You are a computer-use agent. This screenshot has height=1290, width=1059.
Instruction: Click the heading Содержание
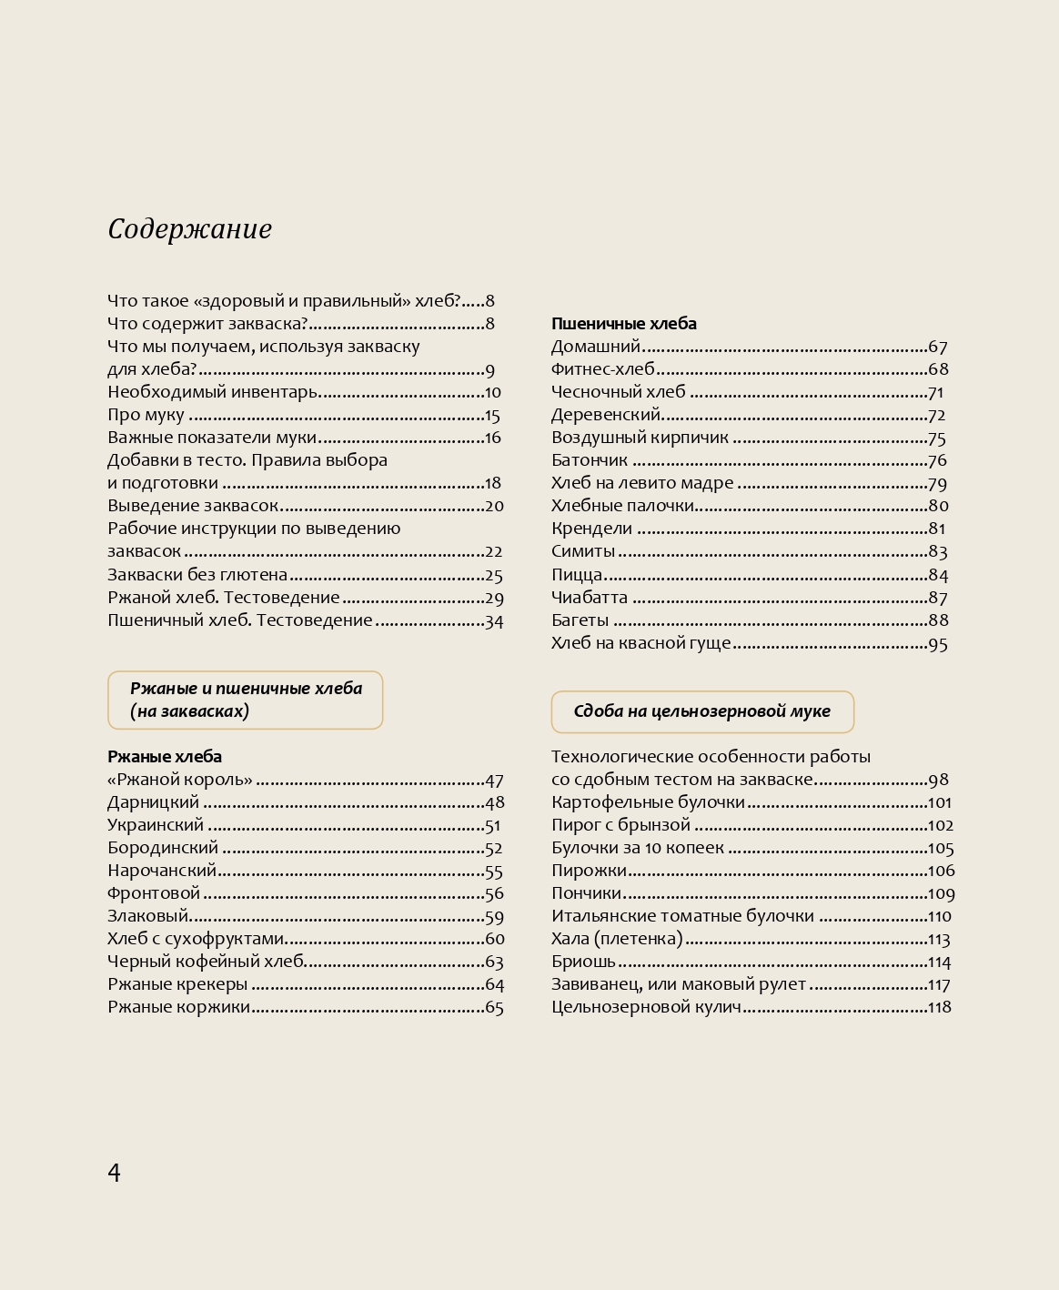coord(189,229)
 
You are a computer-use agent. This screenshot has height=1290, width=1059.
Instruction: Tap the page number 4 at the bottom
coord(114,1172)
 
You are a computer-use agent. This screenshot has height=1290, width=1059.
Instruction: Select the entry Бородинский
coord(163,848)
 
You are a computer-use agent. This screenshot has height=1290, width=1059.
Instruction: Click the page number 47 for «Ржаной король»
coord(494,781)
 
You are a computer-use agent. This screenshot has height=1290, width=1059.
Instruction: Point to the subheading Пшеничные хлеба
coord(623,324)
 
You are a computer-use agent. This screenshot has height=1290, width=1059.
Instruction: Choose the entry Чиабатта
coord(589,598)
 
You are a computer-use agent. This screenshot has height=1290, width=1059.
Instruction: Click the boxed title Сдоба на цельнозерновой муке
coord(701,711)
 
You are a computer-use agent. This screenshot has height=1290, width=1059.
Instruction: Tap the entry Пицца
coord(577,575)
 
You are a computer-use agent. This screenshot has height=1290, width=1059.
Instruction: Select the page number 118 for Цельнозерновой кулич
coord(939,1007)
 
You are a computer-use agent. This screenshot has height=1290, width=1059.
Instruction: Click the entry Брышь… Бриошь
coord(583,962)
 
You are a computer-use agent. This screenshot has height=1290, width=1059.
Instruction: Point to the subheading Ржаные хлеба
coord(165,757)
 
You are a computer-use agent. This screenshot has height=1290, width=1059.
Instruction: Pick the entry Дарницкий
coord(153,802)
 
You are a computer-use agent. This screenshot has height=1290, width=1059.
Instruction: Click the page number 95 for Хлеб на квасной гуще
coord(937,644)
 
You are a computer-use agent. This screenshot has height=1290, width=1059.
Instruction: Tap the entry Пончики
coord(586,893)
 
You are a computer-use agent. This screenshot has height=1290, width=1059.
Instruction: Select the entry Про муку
coord(146,416)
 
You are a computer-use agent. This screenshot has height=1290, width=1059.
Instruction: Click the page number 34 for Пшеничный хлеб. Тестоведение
coord(494,621)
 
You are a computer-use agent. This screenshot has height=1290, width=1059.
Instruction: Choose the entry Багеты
coord(580,620)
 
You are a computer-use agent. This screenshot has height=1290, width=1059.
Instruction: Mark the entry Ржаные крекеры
coord(177,984)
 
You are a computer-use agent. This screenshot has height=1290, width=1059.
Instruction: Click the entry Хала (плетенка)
coord(617,939)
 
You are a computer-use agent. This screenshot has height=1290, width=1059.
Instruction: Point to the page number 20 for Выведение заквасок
coord(494,507)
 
